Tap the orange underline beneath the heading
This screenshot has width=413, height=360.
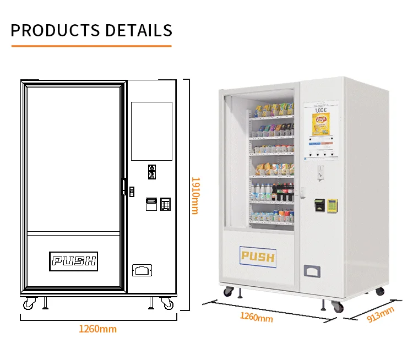[91, 46]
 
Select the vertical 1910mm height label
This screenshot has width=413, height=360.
[194, 195]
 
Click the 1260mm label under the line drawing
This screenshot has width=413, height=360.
[97, 329]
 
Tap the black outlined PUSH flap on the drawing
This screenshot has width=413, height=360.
[73, 260]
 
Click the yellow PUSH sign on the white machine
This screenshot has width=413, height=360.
[258, 256]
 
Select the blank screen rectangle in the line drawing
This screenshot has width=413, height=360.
[151, 131]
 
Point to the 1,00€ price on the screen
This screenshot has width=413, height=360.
[320, 110]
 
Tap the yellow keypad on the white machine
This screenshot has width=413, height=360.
[332, 205]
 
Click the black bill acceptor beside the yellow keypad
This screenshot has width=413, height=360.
[318, 205]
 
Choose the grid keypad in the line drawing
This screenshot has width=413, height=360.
[165, 204]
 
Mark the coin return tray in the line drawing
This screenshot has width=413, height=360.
[142, 270]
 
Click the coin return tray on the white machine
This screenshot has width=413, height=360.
[312, 271]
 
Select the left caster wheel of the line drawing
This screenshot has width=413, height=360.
[29, 303]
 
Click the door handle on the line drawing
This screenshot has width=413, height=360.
[124, 186]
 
